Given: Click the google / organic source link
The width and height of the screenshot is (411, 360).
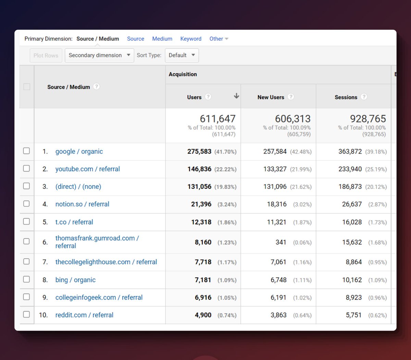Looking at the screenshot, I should pyautogui.click(x=79, y=152).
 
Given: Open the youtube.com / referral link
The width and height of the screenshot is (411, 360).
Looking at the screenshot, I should pyautogui.click(x=87, y=169).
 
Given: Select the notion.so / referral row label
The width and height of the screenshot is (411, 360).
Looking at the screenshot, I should pyautogui.click(x=82, y=204).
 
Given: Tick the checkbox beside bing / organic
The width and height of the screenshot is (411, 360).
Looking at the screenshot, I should pyautogui.click(x=26, y=279).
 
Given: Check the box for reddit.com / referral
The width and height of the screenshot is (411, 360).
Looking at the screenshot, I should pyautogui.click(x=26, y=314).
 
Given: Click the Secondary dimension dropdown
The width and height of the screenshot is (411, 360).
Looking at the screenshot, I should pyautogui.click(x=99, y=56).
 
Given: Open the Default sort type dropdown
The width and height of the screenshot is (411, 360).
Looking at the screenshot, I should pyautogui.click(x=182, y=56).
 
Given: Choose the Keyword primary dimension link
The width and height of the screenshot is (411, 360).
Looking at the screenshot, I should pyautogui.click(x=191, y=39).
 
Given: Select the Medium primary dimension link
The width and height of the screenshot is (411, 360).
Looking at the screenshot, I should pyautogui.click(x=162, y=39).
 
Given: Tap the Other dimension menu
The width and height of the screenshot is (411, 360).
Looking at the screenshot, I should pyautogui.click(x=219, y=39).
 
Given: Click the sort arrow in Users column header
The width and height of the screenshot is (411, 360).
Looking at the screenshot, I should pyautogui.click(x=236, y=96).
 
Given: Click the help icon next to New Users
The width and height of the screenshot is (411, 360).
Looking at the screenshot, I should pyautogui.click(x=291, y=97).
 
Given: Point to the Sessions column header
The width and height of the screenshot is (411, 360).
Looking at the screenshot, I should pyautogui.click(x=346, y=97).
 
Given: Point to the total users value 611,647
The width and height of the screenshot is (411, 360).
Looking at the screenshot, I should pyautogui.click(x=217, y=119).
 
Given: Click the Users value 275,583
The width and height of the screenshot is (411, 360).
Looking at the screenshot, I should pyautogui.click(x=199, y=152).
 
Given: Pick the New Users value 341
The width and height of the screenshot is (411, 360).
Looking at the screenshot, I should pyautogui.click(x=281, y=242).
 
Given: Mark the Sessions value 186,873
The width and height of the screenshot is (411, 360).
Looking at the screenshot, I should pyautogui.click(x=350, y=187).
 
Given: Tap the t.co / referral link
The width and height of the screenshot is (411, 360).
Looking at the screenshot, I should pyautogui.click(x=74, y=222).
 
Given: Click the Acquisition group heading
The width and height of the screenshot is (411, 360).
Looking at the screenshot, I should pyautogui.click(x=183, y=74).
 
